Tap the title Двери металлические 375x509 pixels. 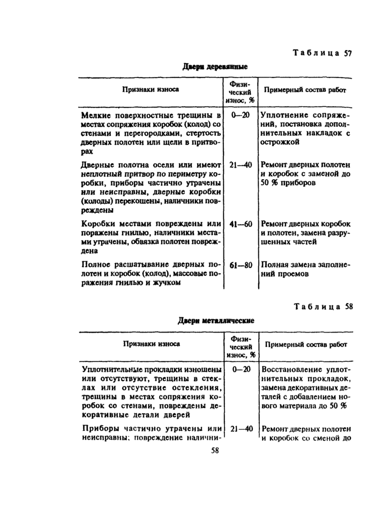coord(216,321)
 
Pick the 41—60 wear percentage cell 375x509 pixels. coord(241,224)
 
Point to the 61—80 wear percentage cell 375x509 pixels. coord(241,265)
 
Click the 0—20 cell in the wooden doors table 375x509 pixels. coord(241,115)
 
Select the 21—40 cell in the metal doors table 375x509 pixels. coord(241,429)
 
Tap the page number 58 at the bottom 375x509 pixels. coord(215,450)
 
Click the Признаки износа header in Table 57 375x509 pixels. coord(149,90)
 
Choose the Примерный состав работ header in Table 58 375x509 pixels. coord(306,345)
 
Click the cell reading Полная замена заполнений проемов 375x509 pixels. coord(305,269)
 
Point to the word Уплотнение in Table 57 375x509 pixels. coord(287,115)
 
